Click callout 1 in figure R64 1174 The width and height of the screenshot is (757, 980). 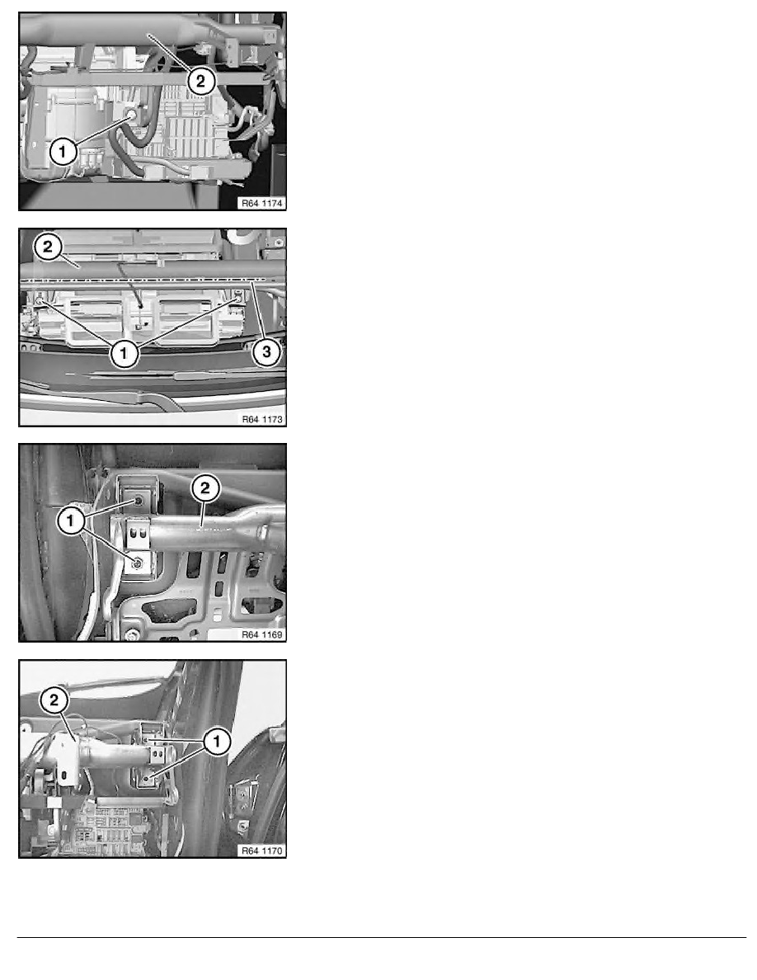tap(63, 151)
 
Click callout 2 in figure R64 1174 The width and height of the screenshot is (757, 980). tap(200, 81)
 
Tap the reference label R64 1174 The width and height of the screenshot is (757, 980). tap(262, 203)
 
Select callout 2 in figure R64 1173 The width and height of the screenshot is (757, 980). tap(49, 247)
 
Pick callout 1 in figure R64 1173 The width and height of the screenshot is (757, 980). tap(124, 353)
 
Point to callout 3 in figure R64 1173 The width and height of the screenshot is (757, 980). tap(266, 352)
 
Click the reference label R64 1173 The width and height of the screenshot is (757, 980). tap(262, 419)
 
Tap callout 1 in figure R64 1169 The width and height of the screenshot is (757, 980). tap(71, 521)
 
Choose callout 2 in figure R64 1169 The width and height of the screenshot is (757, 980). tap(205, 488)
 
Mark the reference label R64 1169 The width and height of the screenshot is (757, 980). tap(262, 635)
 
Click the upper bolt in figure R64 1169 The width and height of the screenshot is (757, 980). tap(138, 502)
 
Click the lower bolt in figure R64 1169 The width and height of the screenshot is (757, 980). tap(138, 564)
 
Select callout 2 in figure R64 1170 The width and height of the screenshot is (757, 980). tap(54, 700)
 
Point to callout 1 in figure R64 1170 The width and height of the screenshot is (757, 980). tap(217, 742)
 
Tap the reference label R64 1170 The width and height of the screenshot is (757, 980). tap(262, 850)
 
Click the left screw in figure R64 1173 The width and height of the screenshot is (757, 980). tap(40, 301)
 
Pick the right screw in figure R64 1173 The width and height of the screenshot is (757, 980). tap(238, 299)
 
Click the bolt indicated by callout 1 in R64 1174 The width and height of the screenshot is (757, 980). tap(132, 115)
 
